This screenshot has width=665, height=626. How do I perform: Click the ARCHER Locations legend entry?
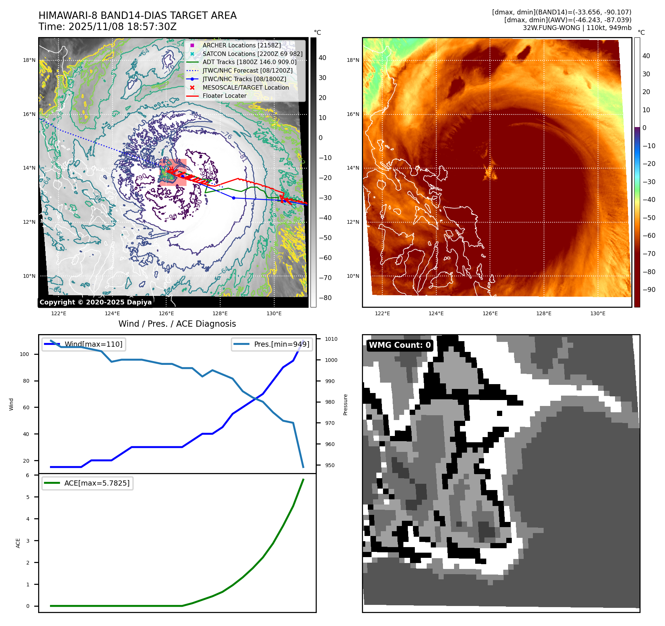241,45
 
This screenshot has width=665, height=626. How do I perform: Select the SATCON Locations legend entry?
252,54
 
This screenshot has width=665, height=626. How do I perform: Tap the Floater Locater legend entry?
224,96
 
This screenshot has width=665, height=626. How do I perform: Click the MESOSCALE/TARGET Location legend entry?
245,87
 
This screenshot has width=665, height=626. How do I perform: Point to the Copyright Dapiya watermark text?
95,302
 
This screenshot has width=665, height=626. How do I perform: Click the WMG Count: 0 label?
400,345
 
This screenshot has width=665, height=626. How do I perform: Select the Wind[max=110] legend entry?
93,344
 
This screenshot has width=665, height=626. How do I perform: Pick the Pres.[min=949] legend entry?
281,344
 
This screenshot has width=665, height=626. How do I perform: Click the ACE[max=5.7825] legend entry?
97,483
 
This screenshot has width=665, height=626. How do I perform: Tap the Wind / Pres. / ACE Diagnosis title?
177,324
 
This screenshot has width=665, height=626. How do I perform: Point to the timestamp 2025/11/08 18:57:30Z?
122,27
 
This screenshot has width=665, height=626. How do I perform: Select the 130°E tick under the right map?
598,313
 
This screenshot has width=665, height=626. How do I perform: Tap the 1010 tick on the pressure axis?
331,339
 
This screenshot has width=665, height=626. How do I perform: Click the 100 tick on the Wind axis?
24,354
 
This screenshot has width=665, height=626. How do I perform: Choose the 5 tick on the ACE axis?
28,497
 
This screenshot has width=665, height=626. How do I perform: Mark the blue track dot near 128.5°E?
234,198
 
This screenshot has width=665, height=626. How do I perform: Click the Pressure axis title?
345,404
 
